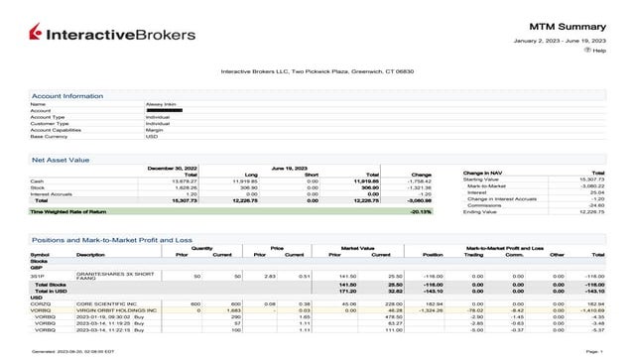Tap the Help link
coord(599,50)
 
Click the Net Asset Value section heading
coord(61,159)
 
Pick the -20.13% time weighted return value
coord(420,211)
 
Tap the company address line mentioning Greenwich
coord(317,71)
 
